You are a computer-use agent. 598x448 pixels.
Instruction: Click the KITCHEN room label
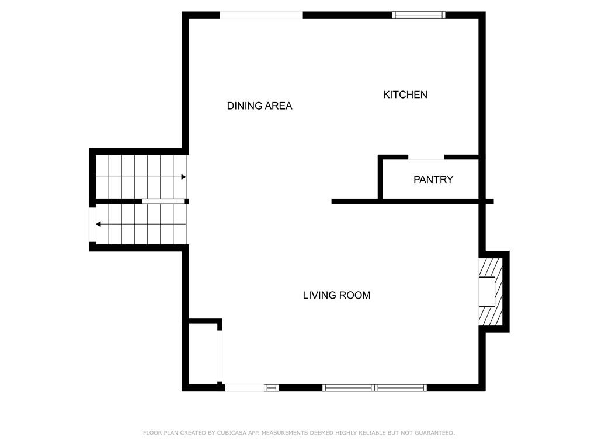point(405,94)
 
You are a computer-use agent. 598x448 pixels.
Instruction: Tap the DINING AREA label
point(259,106)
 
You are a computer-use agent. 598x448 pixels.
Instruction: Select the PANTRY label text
point(433,180)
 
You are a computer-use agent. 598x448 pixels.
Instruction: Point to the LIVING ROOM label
point(337,295)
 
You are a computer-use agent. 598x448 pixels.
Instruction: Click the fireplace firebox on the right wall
point(486,292)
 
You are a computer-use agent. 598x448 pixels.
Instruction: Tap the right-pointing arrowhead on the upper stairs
point(183,177)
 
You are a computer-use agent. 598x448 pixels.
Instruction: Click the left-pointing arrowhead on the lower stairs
point(98,225)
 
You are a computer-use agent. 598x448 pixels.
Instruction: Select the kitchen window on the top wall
point(419,15)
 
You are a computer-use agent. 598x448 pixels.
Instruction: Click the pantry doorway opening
point(426,157)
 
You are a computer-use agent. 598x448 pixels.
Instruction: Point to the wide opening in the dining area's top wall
point(261,15)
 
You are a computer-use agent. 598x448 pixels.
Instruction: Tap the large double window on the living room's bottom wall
point(374,388)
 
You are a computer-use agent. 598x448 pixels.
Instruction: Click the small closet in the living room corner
point(203,354)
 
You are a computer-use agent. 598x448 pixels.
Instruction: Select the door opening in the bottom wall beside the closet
point(244,388)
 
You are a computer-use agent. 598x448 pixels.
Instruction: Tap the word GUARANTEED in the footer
point(434,433)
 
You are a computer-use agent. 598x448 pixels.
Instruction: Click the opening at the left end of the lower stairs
point(92,225)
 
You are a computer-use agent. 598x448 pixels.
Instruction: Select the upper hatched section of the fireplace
point(491,268)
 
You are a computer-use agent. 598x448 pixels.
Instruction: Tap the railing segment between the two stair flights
point(164,201)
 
